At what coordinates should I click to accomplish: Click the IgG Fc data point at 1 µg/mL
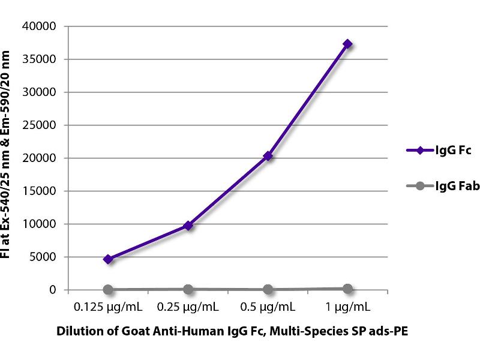[347, 44]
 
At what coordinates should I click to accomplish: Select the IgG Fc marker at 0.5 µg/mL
[268, 156]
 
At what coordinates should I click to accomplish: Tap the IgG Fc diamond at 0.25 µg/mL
[188, 226]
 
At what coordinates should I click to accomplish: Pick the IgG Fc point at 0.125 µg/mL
[108, 259]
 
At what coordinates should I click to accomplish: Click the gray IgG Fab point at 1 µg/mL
[347, 289]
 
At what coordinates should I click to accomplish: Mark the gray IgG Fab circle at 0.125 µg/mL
[108, 290]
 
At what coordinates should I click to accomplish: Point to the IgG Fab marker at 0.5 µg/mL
[268, 289]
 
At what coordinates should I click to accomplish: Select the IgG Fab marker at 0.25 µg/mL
[188, 289]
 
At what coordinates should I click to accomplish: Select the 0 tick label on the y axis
[52, 290]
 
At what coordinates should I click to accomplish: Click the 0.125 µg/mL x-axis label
[108, 308]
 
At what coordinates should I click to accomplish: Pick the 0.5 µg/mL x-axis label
[268, 308]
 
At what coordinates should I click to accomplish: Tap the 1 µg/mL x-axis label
[347, 308]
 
